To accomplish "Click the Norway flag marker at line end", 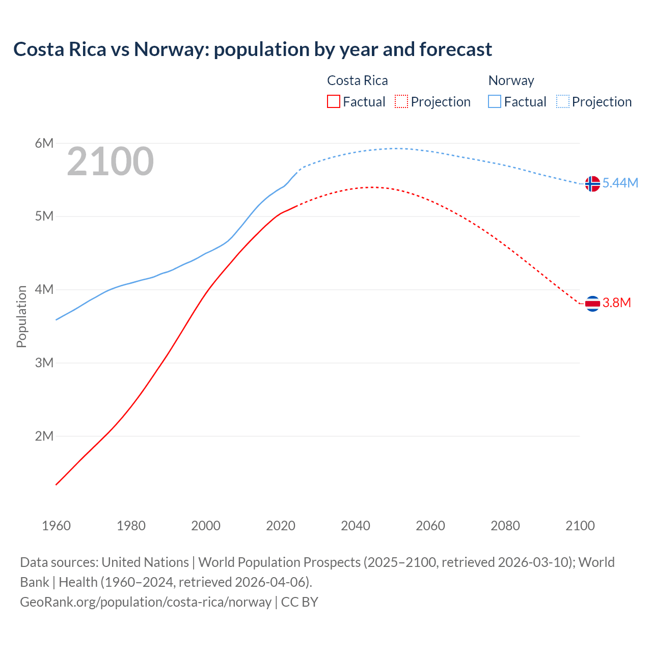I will (592, 183).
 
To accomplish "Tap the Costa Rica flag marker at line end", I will (592, 304).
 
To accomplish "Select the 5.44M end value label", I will (620, 183).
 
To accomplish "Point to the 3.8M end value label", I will (616, 303).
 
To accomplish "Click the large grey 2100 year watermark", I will (110, 161).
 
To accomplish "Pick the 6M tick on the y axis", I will (44, 143).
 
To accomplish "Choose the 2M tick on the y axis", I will (44, 436).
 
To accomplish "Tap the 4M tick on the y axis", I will (44, 289).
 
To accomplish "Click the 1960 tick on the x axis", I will (56, 526).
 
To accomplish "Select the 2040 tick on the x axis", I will (356, 526).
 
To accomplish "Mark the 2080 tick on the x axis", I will (505, 526).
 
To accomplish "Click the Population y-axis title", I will (21, 316).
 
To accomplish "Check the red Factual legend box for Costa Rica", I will (334, 102).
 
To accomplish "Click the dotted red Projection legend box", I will (401, 102).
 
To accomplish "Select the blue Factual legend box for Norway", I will (495, 102).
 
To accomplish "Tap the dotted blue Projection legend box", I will (563, 102).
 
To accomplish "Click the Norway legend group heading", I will (511, 80).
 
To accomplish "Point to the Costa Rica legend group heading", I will (357, 80).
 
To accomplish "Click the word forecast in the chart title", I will (455, 49).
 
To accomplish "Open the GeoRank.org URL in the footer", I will (146, 602).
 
